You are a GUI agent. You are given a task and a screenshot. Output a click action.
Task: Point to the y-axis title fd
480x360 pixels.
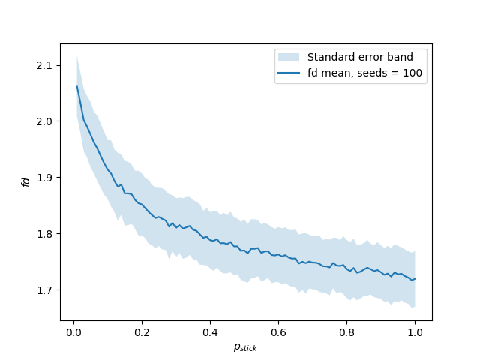25,181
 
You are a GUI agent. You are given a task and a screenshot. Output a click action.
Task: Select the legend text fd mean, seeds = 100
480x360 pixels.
365,73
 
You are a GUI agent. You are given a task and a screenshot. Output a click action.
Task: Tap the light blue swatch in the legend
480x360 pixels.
289,57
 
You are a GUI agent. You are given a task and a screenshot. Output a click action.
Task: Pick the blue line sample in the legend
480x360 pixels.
289,73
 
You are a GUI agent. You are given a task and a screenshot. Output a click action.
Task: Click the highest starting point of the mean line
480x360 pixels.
76,85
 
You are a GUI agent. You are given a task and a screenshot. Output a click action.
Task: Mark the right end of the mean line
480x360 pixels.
415,279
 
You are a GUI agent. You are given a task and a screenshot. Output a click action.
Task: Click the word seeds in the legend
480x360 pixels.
374,73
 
